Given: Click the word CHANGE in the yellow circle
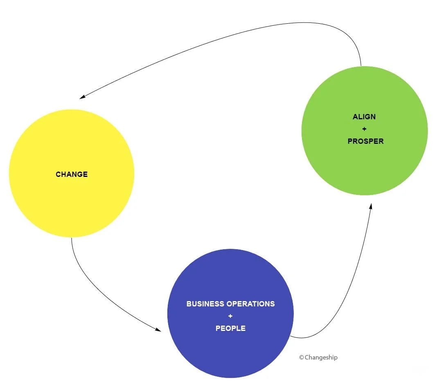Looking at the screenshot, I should [72, 174].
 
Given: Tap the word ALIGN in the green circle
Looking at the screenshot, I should [364, 117].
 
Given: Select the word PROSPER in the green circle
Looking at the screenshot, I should [365, 141].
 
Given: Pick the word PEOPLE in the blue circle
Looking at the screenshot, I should [230, 328].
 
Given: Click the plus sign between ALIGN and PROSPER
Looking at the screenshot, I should [364, 129].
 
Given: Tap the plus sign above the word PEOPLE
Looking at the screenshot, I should [230, 316].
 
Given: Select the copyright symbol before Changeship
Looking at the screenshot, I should [302, 357].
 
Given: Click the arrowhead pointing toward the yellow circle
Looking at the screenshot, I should [82, 97].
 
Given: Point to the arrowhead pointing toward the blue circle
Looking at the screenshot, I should [158, 329].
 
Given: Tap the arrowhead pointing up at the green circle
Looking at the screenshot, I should [371, 207].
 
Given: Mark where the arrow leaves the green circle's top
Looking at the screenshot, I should [361, 65].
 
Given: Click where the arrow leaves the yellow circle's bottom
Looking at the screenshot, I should [72, 238].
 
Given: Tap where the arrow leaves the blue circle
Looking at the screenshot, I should [291, 336].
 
